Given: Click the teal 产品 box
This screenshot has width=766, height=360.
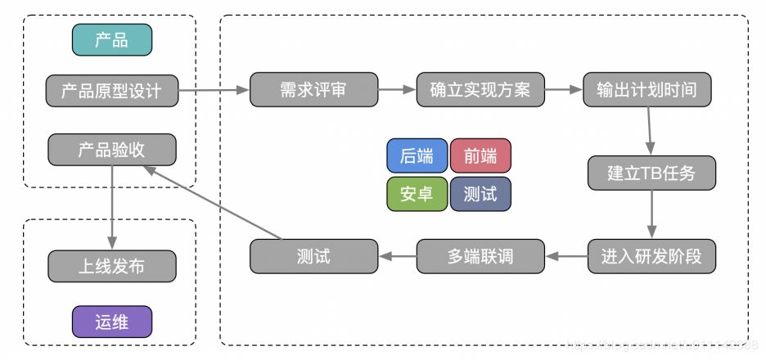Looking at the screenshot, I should (111, 40).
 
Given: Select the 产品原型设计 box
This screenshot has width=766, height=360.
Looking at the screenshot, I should (111, 89).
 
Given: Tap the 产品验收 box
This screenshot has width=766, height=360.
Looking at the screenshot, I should (111, 150).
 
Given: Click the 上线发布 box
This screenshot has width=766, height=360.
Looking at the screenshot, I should (111, 266).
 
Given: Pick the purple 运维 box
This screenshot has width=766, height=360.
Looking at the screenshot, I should (111, 321).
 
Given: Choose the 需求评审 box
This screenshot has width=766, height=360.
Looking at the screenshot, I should (313, 89).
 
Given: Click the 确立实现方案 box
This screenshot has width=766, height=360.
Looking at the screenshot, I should (480, 89).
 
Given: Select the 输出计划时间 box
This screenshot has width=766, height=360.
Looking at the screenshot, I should (647, 89).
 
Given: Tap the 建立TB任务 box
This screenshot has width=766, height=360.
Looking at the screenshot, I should (651, 173).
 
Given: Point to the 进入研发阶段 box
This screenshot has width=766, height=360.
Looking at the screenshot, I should (651, 256).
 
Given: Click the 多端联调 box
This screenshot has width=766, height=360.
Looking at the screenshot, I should (480, 256).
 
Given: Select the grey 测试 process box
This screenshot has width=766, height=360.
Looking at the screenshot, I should (313, 256).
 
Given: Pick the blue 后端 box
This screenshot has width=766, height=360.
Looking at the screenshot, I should (417, 155).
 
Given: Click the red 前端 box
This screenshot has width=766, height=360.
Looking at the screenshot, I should (480, 155).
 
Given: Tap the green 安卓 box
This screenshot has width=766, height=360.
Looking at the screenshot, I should (417, 194).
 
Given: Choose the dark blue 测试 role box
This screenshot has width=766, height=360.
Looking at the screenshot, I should (480, 194).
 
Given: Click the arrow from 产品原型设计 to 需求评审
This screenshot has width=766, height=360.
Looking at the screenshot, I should (213, 89).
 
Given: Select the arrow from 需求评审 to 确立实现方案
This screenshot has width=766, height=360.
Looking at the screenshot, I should (397, 89).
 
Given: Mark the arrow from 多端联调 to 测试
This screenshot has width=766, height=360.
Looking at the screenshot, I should (398, 256).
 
